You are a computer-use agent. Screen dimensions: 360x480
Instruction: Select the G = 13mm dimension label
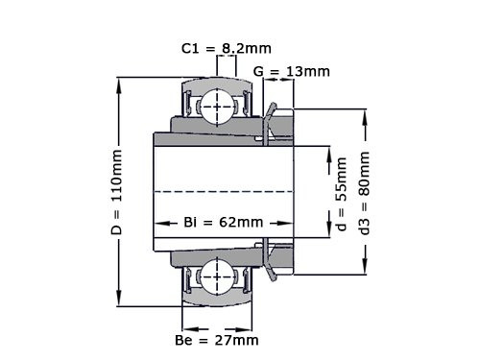click(x=292, y=71)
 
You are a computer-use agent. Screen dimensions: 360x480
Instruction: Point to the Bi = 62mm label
click(x=223, y=223)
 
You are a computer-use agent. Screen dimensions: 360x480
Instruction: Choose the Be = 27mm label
click(x=218, y=339)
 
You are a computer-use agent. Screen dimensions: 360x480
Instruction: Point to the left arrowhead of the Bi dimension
click(x=158, y=223)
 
